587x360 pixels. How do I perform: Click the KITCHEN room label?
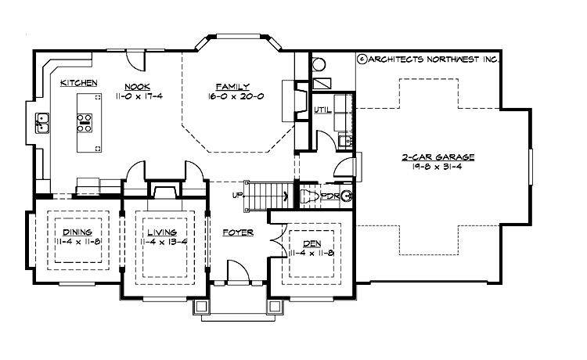(78, 82)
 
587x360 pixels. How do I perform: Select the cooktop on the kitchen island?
(84, 121)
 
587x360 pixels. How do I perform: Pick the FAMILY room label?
(234, 85)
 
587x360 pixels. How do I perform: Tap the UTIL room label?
(322, 110)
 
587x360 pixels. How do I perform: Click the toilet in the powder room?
(311, 196)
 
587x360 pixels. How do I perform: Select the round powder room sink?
(347, 196)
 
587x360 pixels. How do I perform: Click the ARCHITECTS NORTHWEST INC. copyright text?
(429, 59)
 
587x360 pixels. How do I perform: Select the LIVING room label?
(160, 232)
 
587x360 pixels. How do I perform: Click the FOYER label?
(236, 232)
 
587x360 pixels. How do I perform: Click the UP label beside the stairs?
(237, 194)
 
